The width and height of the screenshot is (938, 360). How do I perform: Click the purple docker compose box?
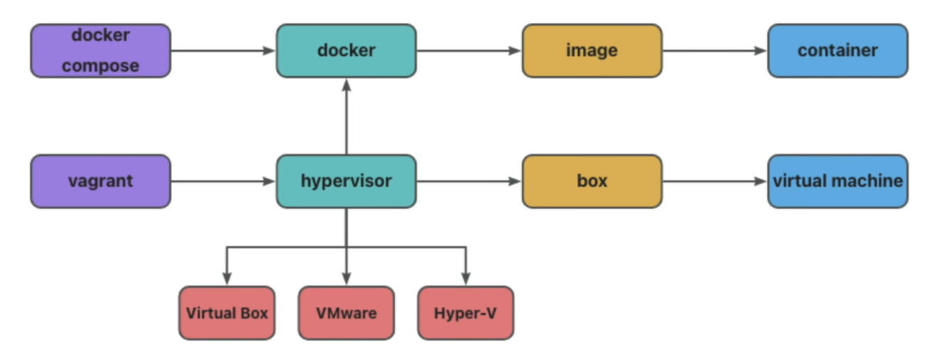(x=100, y=51)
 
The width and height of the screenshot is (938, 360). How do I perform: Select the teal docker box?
(x=346, y=51)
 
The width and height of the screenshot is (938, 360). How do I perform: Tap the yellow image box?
(x=592, y=51)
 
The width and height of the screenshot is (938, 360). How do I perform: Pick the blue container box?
(x=838, y=51)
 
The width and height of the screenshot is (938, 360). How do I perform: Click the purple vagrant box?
(x=100, y=181)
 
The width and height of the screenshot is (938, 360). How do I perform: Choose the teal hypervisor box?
(x=346, y=181)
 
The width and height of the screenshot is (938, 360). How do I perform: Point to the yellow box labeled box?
(x=592, y=181)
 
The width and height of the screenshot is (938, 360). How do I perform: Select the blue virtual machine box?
(x=838, y=181)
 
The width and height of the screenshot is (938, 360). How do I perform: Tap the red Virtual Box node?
(x=227, y=313)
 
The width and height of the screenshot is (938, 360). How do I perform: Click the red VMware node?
(x=346, y=313)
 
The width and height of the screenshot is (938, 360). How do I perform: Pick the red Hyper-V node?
(x=466, y=313)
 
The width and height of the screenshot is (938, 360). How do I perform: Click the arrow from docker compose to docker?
(x=223, y=51)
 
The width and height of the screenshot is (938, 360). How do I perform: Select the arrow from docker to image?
(x=469, y=51)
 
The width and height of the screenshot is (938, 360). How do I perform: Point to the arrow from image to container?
(x=715, y=51)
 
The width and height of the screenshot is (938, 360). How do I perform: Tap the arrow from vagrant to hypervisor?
(x=223, y=181)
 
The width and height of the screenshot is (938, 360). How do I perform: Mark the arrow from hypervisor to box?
(x=469, y=181)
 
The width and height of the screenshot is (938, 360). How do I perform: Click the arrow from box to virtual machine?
(x=715, y=181)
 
